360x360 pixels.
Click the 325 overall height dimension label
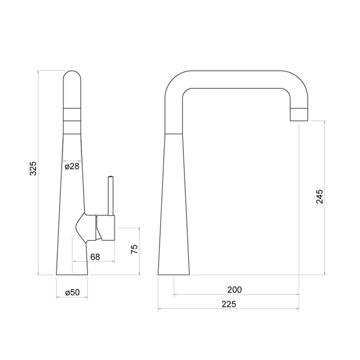tap(33, 168)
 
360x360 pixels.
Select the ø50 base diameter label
tap(72, 292)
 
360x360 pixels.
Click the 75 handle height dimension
tap(133, 250)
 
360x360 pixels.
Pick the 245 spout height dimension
tap(320, 197)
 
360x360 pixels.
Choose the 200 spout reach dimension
tap(235, 289)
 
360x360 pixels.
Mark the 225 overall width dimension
tap(228, 304)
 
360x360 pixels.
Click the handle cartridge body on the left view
tap(106, 227)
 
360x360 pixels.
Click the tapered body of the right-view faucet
tap(175, 210)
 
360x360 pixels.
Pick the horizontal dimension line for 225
tap(228, 310)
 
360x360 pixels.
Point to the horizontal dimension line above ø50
tap(72, 298)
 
